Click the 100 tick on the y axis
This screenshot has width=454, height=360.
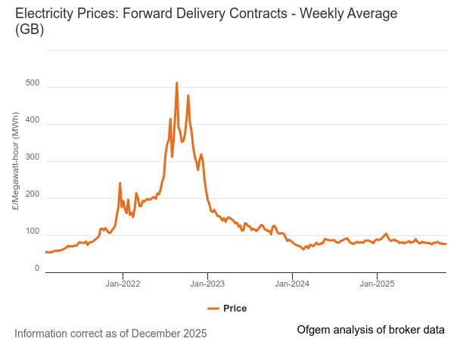coord(32,231)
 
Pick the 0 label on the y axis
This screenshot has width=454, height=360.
coord(36,268)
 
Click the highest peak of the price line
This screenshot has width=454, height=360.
coord(177,83)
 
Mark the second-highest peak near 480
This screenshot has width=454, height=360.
coord(188,96)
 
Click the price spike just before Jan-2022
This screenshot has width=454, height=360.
coord(120,183)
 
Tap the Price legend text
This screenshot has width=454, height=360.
coord(235,309)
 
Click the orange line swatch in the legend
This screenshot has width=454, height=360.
coord(213,309)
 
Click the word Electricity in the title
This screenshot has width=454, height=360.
coord(45,14)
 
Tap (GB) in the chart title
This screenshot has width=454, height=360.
coord(30,30)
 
